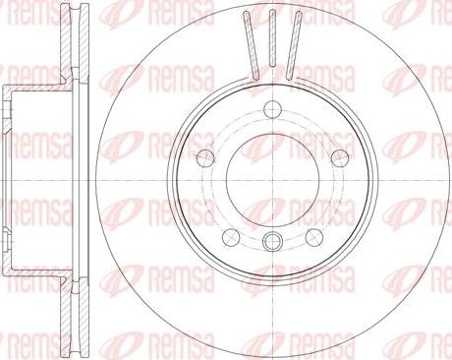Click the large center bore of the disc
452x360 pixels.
(x=272, y=180)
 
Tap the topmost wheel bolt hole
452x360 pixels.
(x=272, y=109)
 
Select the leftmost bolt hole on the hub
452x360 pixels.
(x=205, y=157)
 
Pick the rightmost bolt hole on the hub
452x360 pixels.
(x=340, y=157)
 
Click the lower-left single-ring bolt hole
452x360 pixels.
(x=231, y=237)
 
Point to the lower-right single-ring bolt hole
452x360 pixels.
(x=314, y=237)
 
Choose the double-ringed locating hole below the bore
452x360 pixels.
(x=272, y=241)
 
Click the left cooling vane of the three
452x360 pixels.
(x=252, y=44)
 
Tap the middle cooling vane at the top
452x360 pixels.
(x=272, y=38)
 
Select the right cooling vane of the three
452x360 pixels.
(x=293, y=44)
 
